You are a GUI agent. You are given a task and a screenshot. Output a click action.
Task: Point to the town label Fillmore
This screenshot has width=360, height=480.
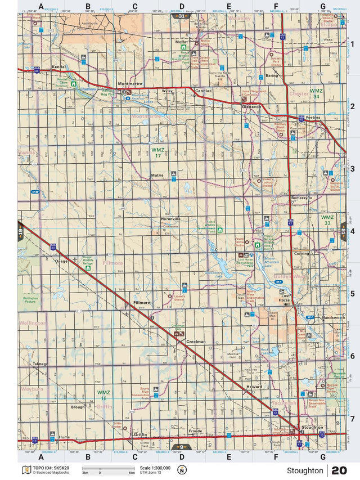point(141,303)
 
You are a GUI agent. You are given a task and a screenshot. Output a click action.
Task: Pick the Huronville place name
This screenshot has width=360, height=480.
point(170,218)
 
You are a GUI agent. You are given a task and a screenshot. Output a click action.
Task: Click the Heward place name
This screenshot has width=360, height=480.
point(254,387)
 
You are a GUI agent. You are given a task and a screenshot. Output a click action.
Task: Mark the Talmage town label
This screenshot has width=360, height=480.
point(40,364)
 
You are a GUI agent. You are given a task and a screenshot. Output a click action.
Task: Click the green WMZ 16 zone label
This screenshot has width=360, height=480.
point(102,395)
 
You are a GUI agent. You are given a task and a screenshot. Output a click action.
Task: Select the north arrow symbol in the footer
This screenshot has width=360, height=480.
point(181,470)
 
